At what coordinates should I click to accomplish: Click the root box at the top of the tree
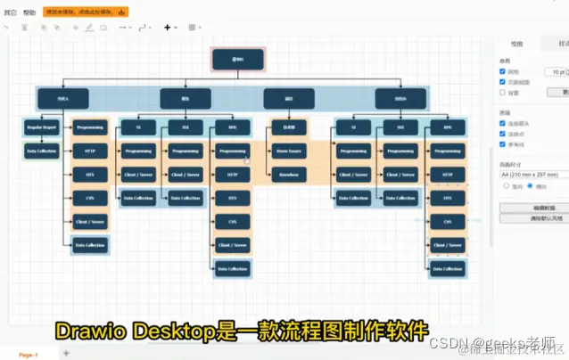click(x=238, y=61)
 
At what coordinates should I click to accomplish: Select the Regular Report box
click(x=41, y=127)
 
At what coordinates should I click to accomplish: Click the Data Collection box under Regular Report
click(x=41, y=151)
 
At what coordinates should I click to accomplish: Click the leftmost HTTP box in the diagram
click(x=90, y=151)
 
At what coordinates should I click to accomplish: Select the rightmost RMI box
click(x=447, y=127)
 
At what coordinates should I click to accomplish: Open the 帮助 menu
click(x=30, y=12)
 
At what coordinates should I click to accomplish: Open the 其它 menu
click(x=10, y=12)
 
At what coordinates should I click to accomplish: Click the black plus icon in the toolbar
click(x=168, y=28)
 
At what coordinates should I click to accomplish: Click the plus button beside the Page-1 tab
click(x=65, y=354)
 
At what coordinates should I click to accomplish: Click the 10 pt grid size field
click(x=557, y=71)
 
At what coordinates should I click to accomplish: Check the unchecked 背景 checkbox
click(x=503, y=92)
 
